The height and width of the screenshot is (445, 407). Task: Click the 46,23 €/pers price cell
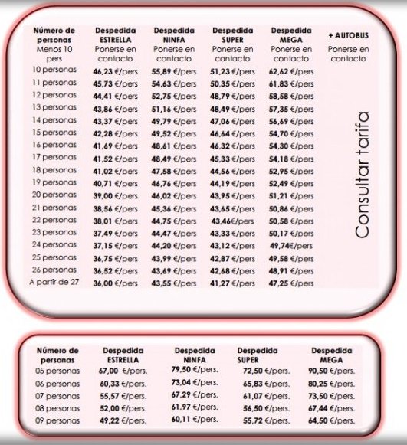tap(116, 71)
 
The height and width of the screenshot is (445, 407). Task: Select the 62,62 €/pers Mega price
tap(291, 71)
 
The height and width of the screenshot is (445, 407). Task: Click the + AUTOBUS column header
tap(346, 36)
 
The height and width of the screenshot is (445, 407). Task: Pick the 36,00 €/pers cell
tap(116, 283)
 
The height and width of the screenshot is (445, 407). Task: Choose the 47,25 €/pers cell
tap(291, 283)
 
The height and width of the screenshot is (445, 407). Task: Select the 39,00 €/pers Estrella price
tap(116, 195)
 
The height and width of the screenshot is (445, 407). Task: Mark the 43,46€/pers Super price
tap(232, 220)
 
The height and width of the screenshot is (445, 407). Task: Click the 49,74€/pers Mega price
tap(291, 246)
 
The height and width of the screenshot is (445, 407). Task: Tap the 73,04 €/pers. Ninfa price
tap(192, 383)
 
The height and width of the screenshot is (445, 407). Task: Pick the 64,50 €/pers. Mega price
tap(336, 420)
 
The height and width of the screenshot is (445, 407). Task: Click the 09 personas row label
tap(57, 420)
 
